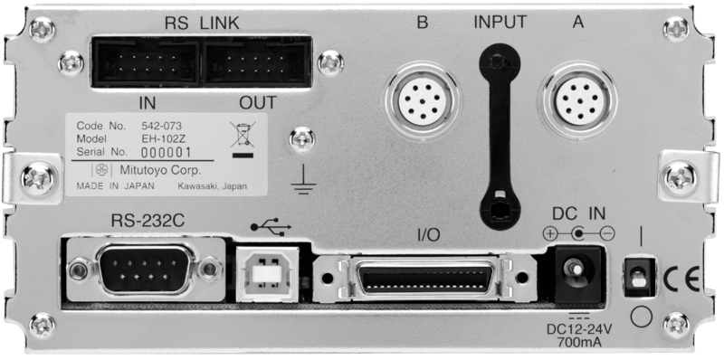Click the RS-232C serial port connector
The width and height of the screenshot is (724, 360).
point(146,270)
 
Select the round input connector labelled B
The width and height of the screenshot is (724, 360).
point(422,100)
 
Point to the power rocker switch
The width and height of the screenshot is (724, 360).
point(640,277)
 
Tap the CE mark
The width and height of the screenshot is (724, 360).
point(681,279)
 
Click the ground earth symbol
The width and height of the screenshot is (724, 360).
point(303,182)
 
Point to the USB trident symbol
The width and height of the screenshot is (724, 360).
point(271,226)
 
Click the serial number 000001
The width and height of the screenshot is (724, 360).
point(166,152)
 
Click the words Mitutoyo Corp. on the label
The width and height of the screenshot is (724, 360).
point(160,170)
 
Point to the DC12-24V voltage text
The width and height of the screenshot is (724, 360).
point(579,329)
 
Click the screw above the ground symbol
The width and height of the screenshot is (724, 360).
point(302,140)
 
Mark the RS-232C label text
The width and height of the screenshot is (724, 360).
point(148,221)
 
